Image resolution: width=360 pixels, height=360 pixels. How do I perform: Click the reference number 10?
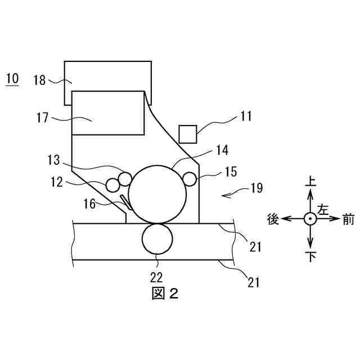click(12, 78)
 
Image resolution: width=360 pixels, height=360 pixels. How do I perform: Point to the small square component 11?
click(187, 134)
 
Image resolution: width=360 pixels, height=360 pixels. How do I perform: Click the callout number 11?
click(245, 116)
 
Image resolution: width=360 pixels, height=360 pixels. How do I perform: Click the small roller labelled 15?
click(189, 179)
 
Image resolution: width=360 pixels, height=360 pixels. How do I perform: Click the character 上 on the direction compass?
click(310, 181)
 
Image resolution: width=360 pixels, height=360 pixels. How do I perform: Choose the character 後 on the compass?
click(273, 219)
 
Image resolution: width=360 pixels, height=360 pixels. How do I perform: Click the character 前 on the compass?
click(348, 219)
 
